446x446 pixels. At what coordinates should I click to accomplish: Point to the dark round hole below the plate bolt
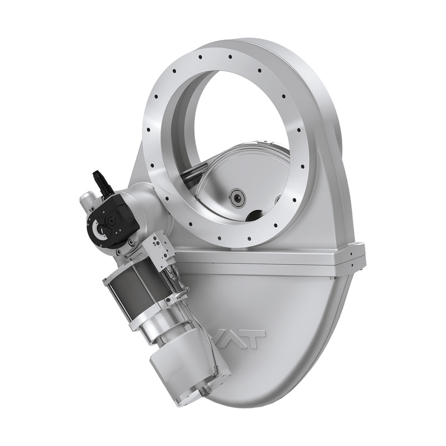pyautogui.click(x=255, y=215)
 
